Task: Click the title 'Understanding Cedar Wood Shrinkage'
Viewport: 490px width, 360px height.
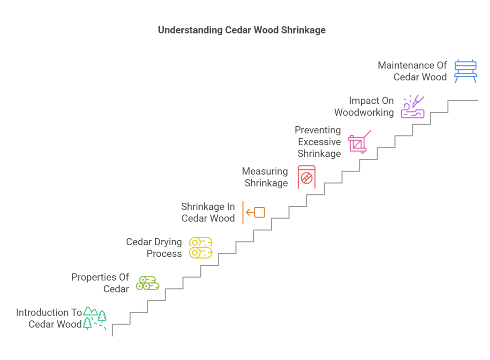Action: point(242,30)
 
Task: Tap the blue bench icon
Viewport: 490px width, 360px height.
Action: point(465,71)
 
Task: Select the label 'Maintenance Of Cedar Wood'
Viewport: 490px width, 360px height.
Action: point(412,71)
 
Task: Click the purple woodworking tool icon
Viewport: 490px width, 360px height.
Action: point(412,107)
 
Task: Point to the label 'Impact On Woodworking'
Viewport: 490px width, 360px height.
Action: point(364,107)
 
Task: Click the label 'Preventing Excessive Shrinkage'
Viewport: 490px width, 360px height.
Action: point(319,142)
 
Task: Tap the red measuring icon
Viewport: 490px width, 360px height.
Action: point(306,177)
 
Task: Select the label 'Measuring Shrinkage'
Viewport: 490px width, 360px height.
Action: point(266,177)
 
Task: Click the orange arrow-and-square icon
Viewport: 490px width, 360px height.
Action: point(254,212)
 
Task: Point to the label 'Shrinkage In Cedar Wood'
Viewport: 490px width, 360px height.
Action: point(208,212)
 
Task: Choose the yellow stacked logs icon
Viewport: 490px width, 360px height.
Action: point(200,248)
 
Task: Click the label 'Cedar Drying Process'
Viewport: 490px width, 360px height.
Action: point(154,248)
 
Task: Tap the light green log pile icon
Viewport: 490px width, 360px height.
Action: point(147,283)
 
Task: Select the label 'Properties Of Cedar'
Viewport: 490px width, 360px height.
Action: point(100,283)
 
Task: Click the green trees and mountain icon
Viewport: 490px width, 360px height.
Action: point(95,318)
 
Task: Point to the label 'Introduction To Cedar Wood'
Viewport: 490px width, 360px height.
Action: point(49,318)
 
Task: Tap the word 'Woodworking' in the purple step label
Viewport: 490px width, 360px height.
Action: point(364,113)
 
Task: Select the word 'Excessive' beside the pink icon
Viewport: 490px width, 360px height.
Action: point(319,142)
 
